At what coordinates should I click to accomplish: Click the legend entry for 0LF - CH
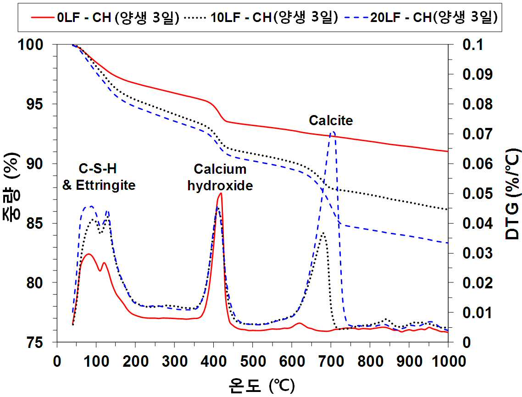(x=105, y=17)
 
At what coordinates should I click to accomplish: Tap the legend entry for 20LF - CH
(x=421, y=17)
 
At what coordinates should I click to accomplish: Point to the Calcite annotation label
(x=331, y=120)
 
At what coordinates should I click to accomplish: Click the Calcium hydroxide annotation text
(x=220, y=177)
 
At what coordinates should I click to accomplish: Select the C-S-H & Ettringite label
(x=99, y=176)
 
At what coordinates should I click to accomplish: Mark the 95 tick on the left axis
(x=35, y=104)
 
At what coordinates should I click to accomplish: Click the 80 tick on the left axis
(x=35, y=283)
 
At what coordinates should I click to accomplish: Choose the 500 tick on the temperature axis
(x=253, y=361)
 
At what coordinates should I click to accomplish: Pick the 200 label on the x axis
(x=135, y=361)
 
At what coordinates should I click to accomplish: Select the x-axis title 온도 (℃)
(x=261, y=386)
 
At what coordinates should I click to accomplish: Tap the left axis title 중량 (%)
(x=11, y=187)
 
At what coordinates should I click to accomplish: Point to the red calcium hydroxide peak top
(x=220, y=193)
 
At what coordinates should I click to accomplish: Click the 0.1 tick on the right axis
(x=473, y=44)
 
